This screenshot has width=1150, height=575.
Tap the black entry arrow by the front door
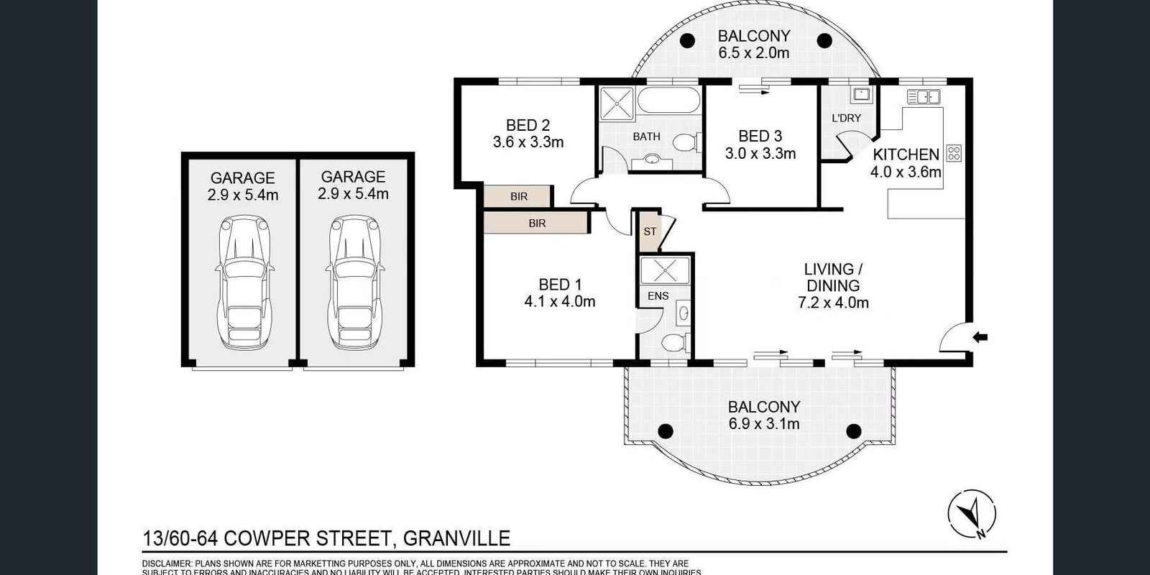[x=981, y=336]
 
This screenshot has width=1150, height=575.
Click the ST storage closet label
[x=650, y=231]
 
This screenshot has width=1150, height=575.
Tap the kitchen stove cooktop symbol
[x=954, y=152]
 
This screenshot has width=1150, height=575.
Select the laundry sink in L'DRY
[x=861, y=94]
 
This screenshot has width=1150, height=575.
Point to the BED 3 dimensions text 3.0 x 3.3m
[x=760, y=153]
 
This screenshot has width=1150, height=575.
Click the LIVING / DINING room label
[x=833, y=277]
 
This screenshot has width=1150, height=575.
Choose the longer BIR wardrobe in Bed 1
[x=537, y=223]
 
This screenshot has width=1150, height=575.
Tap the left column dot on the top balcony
[x=687, y=40]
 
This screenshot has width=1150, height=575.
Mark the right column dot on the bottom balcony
[x=853, y=431]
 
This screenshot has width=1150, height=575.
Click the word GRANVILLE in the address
[x=456, y=538]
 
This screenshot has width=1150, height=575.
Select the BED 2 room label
[x=528, y=125]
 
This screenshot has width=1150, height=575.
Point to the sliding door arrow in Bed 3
[x=753, y=91]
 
